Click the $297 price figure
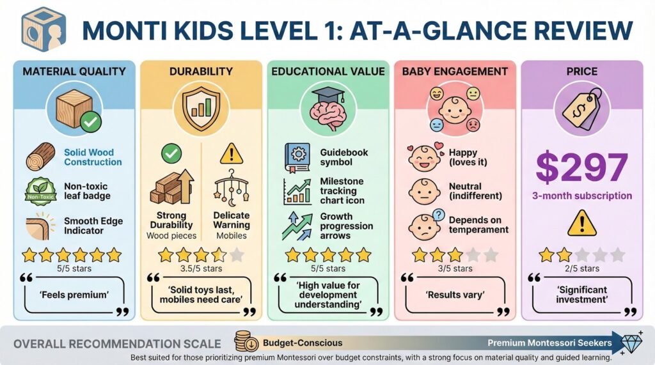click(x=581, y=167)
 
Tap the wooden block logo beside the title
click(x=44, y=29)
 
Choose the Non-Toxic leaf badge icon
click(x=40, y=192)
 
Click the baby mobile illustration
click(x=232, y=188)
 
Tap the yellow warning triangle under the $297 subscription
click(x=581, y=224)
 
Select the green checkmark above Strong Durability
click(x=171, y=153)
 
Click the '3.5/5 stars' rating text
click(x=201, y=268)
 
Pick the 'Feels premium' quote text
click(x=74, y=295)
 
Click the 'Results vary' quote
click(x=455, y=295)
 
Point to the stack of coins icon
click(x=246, y=341)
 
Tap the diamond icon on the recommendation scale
click(x=631, y=342)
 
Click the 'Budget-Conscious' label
click(x=303, y=343)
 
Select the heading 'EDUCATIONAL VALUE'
click(x=328, y=72)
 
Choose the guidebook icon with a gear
click(x=297, y=158)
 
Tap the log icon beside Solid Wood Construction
click(x=40, y=157)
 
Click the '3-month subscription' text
click(x=581, y=196)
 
